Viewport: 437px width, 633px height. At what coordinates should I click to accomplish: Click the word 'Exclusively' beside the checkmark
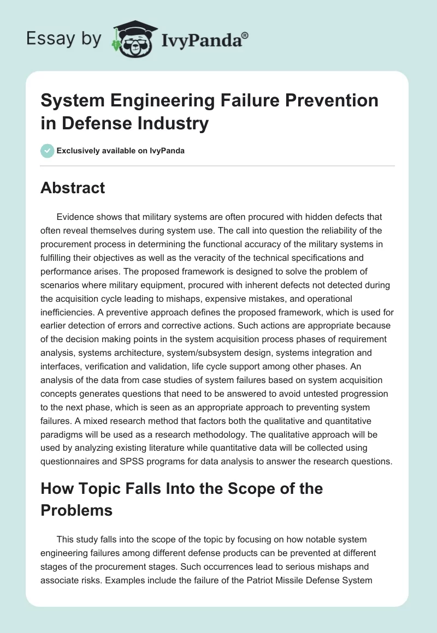click(78, 151)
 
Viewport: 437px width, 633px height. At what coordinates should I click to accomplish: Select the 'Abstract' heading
click(73, 188)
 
